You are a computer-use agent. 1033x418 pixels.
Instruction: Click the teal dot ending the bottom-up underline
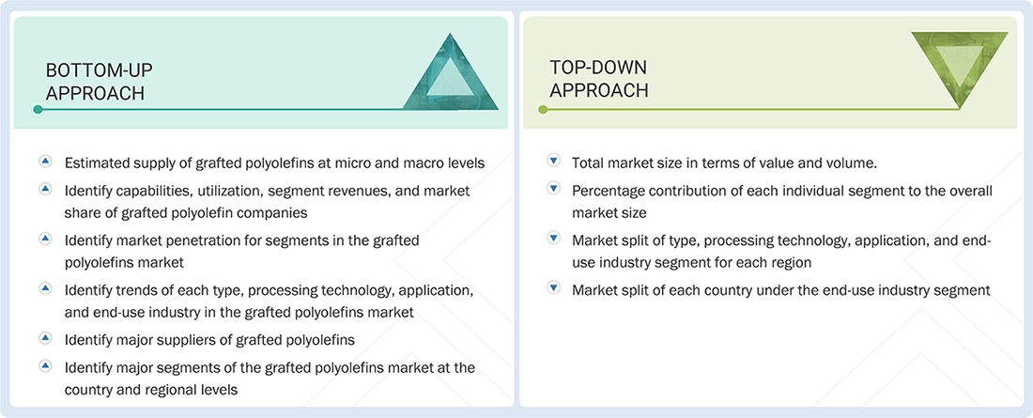38,110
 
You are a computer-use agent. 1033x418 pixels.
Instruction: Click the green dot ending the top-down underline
543,110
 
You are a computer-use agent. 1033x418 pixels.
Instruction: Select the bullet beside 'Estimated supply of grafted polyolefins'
45,163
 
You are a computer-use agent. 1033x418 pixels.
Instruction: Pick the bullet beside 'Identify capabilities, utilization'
45,190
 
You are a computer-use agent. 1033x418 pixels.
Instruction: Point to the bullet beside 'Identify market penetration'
45,240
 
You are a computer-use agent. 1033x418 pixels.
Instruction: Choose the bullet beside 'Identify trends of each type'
45,288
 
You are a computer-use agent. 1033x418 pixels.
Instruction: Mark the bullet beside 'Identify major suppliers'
45,337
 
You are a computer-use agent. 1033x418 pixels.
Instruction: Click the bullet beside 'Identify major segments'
45,365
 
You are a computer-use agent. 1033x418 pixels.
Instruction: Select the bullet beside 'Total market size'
553,163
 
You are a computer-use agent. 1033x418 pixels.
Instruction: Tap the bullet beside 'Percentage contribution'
553,190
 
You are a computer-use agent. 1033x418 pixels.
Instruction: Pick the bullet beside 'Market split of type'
553,239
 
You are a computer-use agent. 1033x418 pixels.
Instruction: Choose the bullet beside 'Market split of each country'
553,289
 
